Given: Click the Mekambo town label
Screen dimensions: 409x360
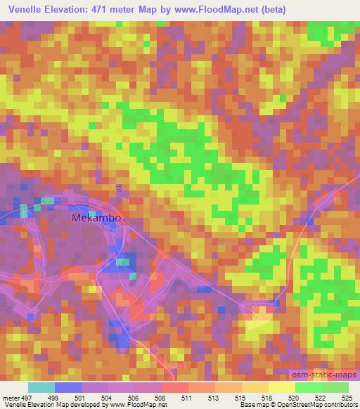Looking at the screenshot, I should (x=97, y=218).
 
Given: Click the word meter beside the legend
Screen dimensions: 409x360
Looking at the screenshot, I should (x=11, y=397).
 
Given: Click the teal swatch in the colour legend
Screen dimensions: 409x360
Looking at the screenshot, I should (x=41, y=387).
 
